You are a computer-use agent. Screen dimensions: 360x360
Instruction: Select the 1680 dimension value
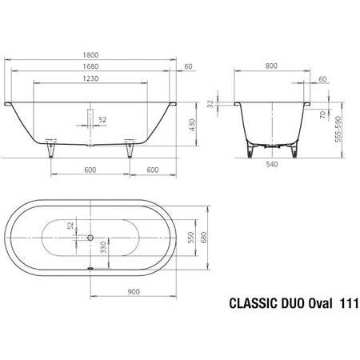point(93,67)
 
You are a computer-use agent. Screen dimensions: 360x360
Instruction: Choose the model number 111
point(349,305)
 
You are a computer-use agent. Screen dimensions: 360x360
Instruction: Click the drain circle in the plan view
point(91,238)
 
